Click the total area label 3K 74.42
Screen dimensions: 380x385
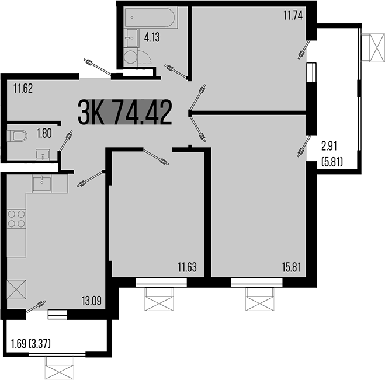click(x=124, y=113)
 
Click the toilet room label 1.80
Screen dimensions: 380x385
click(x=44, y=134)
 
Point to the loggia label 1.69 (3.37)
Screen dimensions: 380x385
click(x=31, y=344)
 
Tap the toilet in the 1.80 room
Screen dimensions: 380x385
click(x=18, y=136)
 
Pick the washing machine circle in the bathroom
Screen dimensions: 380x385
click(x=131, y=57)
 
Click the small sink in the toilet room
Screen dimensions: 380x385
click(x=43, y=155)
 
